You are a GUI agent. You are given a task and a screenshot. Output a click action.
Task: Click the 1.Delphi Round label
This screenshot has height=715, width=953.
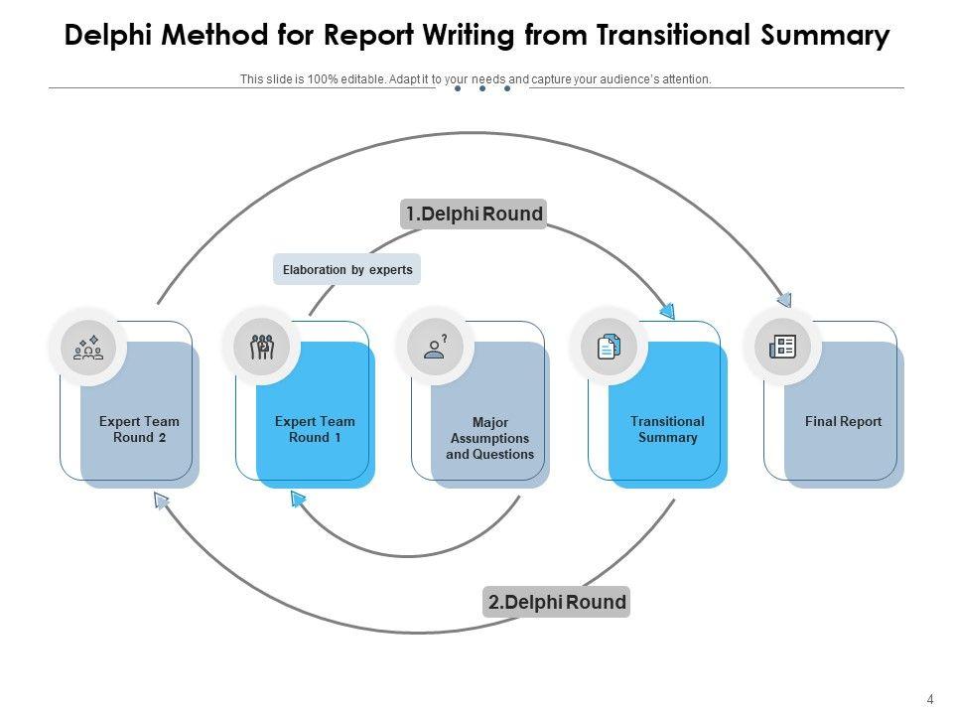(x=474, y=214)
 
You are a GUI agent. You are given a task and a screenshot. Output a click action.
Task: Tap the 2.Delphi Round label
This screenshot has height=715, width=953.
(x=556, y=602)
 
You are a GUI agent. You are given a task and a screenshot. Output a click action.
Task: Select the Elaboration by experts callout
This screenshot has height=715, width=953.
(x=347, y=269)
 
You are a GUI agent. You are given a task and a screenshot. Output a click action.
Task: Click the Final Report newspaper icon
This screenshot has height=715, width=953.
(x=783, y=348)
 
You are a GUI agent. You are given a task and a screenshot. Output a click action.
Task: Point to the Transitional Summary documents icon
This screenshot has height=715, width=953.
(x=609, y=348)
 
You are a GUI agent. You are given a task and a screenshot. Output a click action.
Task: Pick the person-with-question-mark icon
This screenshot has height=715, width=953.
(x=435, y=348)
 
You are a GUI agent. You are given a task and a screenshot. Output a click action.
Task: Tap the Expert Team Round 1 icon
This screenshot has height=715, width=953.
(x=262, y=348)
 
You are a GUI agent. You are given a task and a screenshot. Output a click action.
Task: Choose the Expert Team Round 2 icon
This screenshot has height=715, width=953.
(x=88, y=348)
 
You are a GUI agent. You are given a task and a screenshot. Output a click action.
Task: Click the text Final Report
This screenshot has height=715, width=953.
(x=843, y=421)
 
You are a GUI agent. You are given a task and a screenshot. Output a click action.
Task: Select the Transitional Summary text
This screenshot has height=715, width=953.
(x=667, y=429)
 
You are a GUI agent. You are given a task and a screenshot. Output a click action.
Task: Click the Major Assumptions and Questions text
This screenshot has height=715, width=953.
(x=489, y=438)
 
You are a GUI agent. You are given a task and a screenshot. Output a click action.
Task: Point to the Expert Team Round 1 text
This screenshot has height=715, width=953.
(x=315, y=429)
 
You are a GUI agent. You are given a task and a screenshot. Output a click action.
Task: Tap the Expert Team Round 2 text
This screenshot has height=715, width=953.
(x=139, y=429)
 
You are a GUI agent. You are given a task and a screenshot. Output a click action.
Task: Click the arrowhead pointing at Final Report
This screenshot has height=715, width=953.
(x=784, y=300)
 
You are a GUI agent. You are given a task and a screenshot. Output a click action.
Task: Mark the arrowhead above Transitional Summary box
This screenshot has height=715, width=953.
(x=668, y=311)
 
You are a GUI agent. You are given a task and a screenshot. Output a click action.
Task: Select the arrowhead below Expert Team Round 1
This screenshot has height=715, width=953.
(x=297, y=500)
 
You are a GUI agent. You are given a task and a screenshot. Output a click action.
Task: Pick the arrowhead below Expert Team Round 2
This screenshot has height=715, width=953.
(x=161, y=500)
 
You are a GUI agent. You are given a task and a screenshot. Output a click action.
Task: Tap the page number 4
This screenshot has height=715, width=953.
(x=930, y=700)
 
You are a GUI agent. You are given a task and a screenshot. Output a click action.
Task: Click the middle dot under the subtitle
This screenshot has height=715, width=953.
(x=482, y=88)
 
